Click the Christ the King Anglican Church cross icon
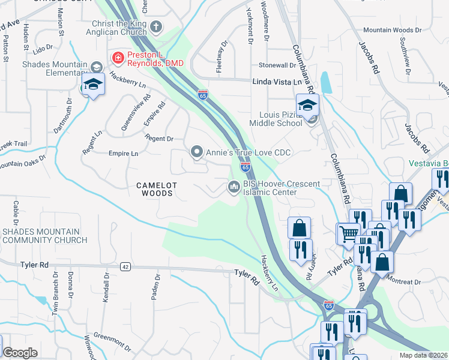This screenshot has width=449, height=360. tap(155, 26)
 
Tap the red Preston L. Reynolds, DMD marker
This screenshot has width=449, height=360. tap(117, 57)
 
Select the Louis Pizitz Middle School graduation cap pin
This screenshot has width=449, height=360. tap(307, 106)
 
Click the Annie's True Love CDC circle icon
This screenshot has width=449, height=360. tap(196, 152)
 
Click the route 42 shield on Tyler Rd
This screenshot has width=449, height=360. tap(125, 266)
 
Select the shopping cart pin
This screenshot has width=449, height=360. tap(348, 233)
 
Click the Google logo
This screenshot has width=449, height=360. tap(20, 353)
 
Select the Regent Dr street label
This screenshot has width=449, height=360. tap(159, 139)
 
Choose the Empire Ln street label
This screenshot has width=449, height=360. tap(123, 154)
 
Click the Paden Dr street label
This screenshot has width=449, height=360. tap(158, 286)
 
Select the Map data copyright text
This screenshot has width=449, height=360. tap(424, 355)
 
